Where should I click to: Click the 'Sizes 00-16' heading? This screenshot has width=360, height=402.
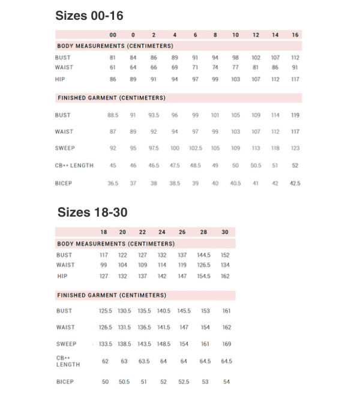89,16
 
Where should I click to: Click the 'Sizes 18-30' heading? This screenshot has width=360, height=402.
92,212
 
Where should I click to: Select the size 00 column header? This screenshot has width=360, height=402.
112,35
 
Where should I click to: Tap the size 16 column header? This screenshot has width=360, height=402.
295,35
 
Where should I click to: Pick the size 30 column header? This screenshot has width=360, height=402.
225,232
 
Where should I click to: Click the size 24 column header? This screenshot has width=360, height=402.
162,232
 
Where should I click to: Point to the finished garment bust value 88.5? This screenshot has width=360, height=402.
113,115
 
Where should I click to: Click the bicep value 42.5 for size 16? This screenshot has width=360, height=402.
295,184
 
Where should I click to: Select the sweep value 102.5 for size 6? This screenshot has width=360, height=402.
195,148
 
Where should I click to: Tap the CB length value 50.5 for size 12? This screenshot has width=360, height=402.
256,166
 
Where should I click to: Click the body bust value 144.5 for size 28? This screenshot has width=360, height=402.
204,255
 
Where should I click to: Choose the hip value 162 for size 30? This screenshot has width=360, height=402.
225,277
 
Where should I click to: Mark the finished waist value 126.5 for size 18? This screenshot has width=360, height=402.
105,328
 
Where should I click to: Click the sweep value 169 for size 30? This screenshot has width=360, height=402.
226,344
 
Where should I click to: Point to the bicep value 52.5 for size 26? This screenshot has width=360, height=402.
183,382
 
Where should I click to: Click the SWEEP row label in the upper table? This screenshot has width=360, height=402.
65,148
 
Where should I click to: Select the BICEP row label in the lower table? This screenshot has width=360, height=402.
65,382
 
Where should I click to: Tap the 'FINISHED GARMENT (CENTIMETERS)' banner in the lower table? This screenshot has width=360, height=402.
112,295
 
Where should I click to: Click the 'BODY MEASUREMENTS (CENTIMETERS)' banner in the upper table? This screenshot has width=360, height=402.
115,46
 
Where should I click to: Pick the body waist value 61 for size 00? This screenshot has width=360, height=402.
112,68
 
